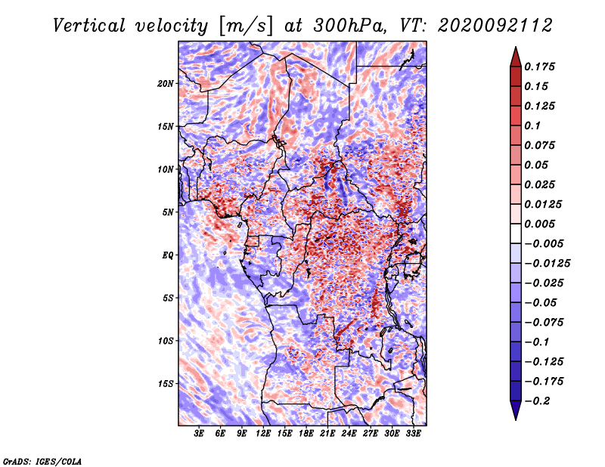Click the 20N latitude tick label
coord(166,83)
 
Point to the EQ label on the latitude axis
coord(167,255)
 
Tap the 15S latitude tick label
coord(166,384)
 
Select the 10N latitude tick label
coord(166,169)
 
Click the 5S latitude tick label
coord(168,298)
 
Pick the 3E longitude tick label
coord(199,433)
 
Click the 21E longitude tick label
coord(327,433)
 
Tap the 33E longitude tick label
coord(413,433)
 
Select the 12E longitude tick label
coord(262,433)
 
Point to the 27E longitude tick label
coord(370,433)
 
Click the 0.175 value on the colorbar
coord(539,66)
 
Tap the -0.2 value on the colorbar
coord(537,401)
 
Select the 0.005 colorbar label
coord(539,224)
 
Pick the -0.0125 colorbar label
coord(547,264)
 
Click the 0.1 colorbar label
coord(532,125)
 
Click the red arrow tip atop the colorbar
coord(516,47)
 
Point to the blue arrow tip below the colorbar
coord(516,419)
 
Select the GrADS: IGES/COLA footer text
coord(42,461)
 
